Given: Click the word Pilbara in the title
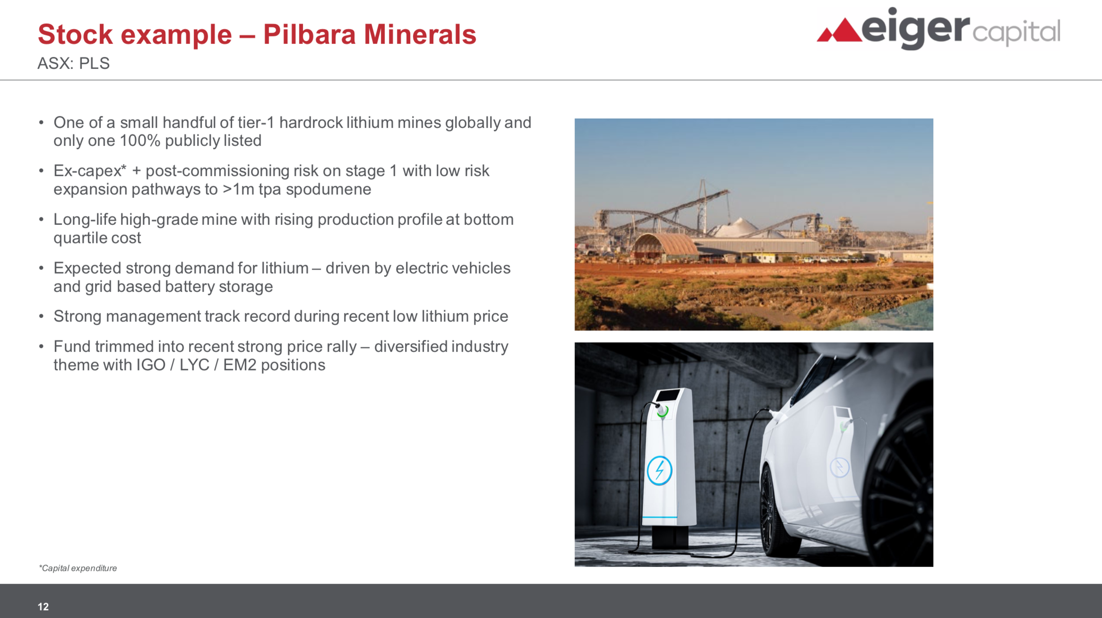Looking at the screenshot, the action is (309, 34).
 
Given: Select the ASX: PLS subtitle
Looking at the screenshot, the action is (74, 63).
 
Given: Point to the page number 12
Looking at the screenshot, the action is (43, 607).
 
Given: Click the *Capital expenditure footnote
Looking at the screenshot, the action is (78, 568).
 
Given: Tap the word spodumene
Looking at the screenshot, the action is (328, 189).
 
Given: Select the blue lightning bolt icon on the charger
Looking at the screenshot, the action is (659, 471).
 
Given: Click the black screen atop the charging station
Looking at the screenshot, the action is (668, 395).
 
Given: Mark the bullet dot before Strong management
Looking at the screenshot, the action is (42, 317).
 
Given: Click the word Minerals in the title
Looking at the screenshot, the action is (420, 34).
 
